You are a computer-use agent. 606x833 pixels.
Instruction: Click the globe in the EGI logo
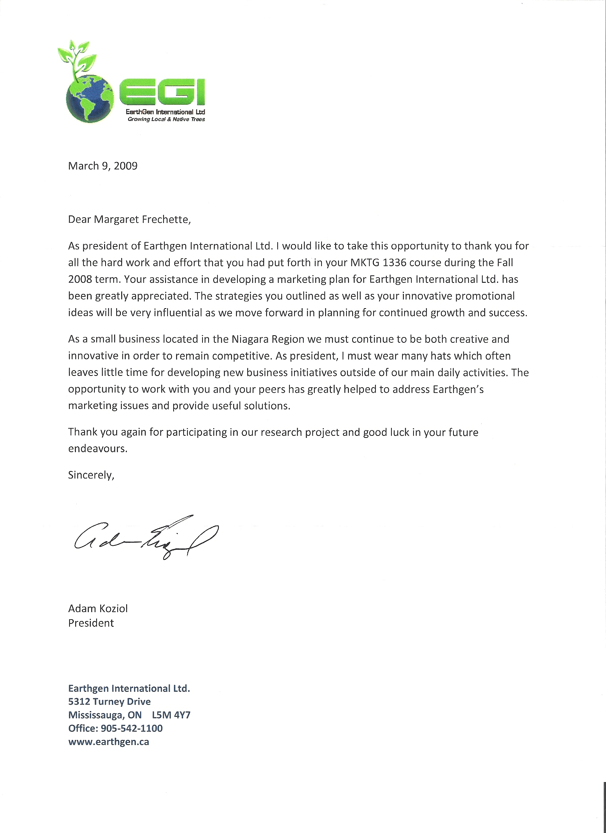point(90,98)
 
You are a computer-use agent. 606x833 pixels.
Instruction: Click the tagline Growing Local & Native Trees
point(166,119)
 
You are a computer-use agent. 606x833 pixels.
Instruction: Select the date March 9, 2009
point(103,166)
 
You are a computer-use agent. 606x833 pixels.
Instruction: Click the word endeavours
point(98,449)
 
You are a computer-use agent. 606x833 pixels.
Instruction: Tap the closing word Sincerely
point(91,475)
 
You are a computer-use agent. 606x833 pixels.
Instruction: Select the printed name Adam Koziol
point(98,609)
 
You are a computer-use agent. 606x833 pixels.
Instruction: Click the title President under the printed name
point(91,623)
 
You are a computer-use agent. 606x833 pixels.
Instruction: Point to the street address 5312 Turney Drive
point(109,702)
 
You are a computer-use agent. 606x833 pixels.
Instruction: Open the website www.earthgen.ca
point(109,741)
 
